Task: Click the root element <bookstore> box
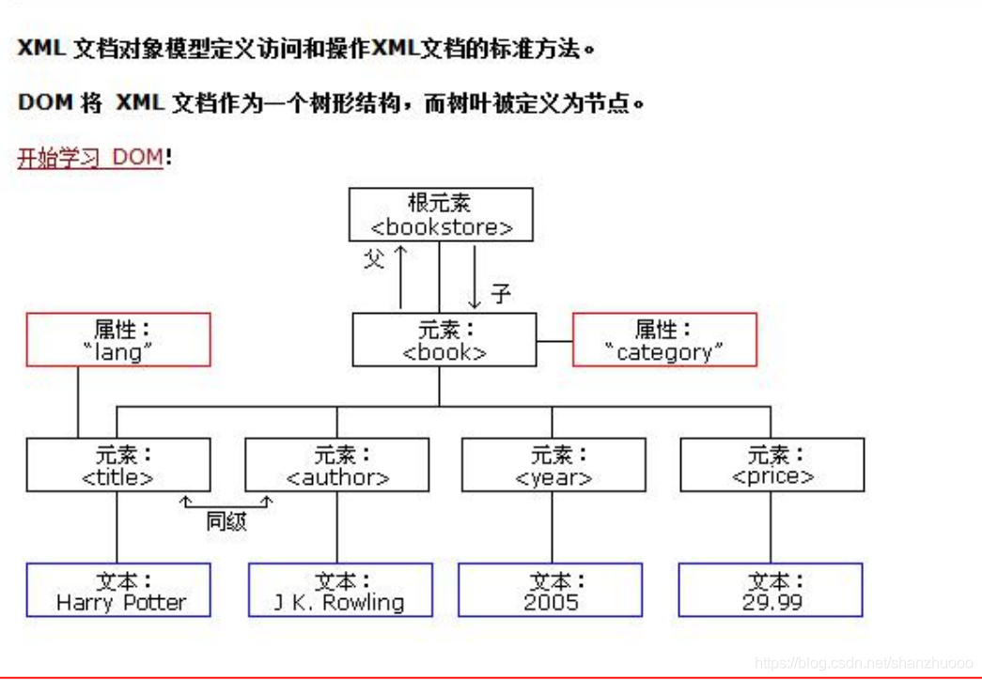click(x=441, y=214)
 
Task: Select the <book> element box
click(x=444, y=340)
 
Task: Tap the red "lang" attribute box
click(x=118, y=340)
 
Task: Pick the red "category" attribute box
click(x=664, y=340)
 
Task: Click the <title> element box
click(x=118, y=465)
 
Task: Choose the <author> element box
click(x=337, y=465)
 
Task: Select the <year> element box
click(x=553, y=465)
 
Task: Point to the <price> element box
click(x=772, y=465)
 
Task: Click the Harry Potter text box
click(x=118, y=590)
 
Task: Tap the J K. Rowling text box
click(x=340, y=590)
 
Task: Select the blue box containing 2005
click(x=551, y=590)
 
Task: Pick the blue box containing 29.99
click(x=771, y=590)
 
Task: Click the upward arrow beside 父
click(x=400, y=277)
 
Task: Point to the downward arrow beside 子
click(x=475, y=277)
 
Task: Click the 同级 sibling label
click(x=226, y=522)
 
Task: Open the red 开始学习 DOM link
click(x=90, y=157)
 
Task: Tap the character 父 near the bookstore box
click(x=374, y=259)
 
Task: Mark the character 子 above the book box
click(x=501, y=294)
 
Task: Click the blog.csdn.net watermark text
click(x=865, y=663)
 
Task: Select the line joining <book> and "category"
click(x=554, y=340)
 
